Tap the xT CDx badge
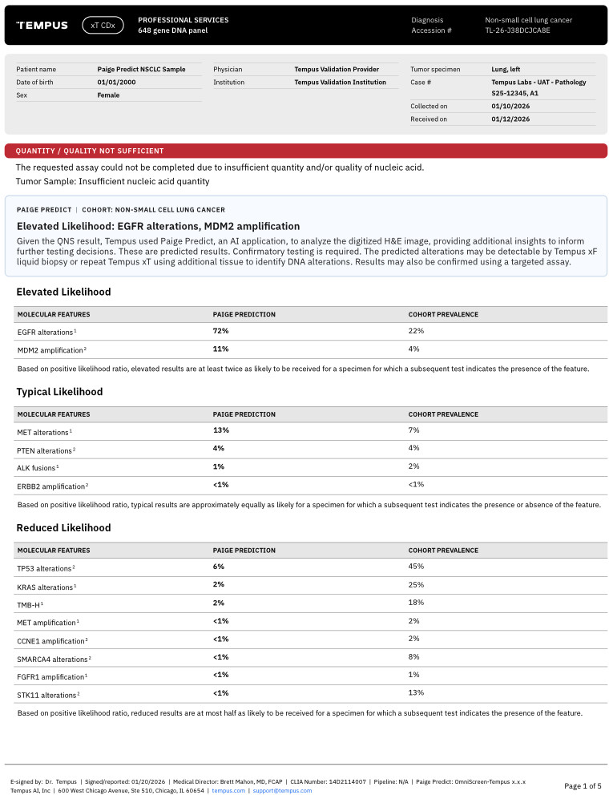point(103,26)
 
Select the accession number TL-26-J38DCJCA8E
point(518,30)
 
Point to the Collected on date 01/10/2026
point(510,106)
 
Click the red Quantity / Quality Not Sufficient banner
point(305,151)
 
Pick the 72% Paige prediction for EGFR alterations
point(220,330)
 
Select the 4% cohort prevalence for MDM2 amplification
point(413,349)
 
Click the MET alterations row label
point(43,432)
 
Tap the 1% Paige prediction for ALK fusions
point(218,466)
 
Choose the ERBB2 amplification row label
point(50,486)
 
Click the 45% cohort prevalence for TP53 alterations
point(416,566)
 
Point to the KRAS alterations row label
point(45,587)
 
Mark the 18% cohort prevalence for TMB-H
point(416,602)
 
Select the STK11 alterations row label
point(46,694)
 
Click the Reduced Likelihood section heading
point(63,527)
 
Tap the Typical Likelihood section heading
point(59,392)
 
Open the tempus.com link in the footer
point(228,790)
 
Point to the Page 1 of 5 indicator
point(583,785)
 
